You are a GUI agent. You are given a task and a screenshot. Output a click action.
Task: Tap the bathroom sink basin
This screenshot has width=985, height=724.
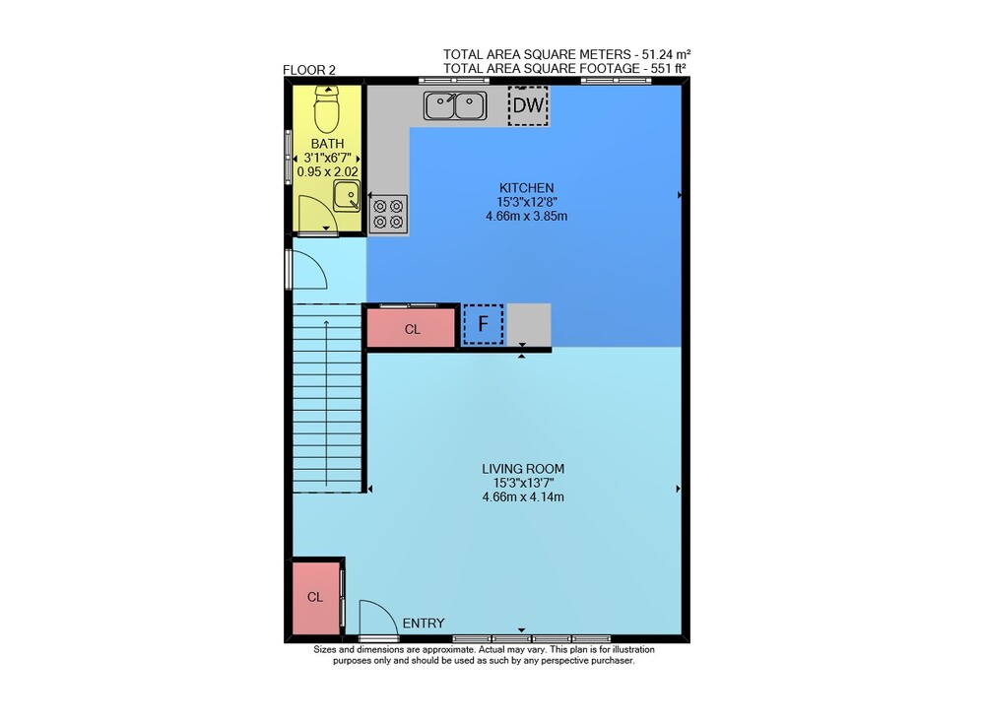point(347,195)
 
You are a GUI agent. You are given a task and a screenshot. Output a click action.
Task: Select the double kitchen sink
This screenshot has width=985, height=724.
point(455,105)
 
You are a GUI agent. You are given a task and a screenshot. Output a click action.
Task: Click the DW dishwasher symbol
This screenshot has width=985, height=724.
point(528,105)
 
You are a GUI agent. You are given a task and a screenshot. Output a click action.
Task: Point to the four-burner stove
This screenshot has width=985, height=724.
point(388,214)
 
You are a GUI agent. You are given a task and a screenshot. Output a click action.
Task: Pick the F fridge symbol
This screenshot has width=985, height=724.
point(483,324)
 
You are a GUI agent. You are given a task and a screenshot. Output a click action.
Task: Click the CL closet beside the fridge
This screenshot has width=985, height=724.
point(411,326)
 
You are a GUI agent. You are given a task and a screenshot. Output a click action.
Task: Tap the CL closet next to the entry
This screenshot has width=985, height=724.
point(316,597)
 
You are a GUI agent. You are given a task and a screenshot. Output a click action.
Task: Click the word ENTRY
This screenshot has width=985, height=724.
point(424,623)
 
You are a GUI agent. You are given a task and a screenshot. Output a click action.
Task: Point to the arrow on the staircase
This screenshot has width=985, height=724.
point(326,403)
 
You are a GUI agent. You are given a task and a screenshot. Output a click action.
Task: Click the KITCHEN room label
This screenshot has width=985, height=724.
point(526,187)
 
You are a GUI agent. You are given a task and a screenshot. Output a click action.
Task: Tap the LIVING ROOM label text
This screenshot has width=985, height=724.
point(523,468)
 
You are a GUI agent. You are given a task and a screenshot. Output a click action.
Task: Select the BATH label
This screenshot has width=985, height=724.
point(327,143)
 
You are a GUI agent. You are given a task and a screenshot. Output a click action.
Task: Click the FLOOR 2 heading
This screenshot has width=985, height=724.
point(309,70)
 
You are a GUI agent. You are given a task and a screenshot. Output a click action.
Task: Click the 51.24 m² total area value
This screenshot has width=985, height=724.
point(666,54)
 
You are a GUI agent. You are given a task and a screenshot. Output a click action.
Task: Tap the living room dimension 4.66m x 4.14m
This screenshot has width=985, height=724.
point(523,497)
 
